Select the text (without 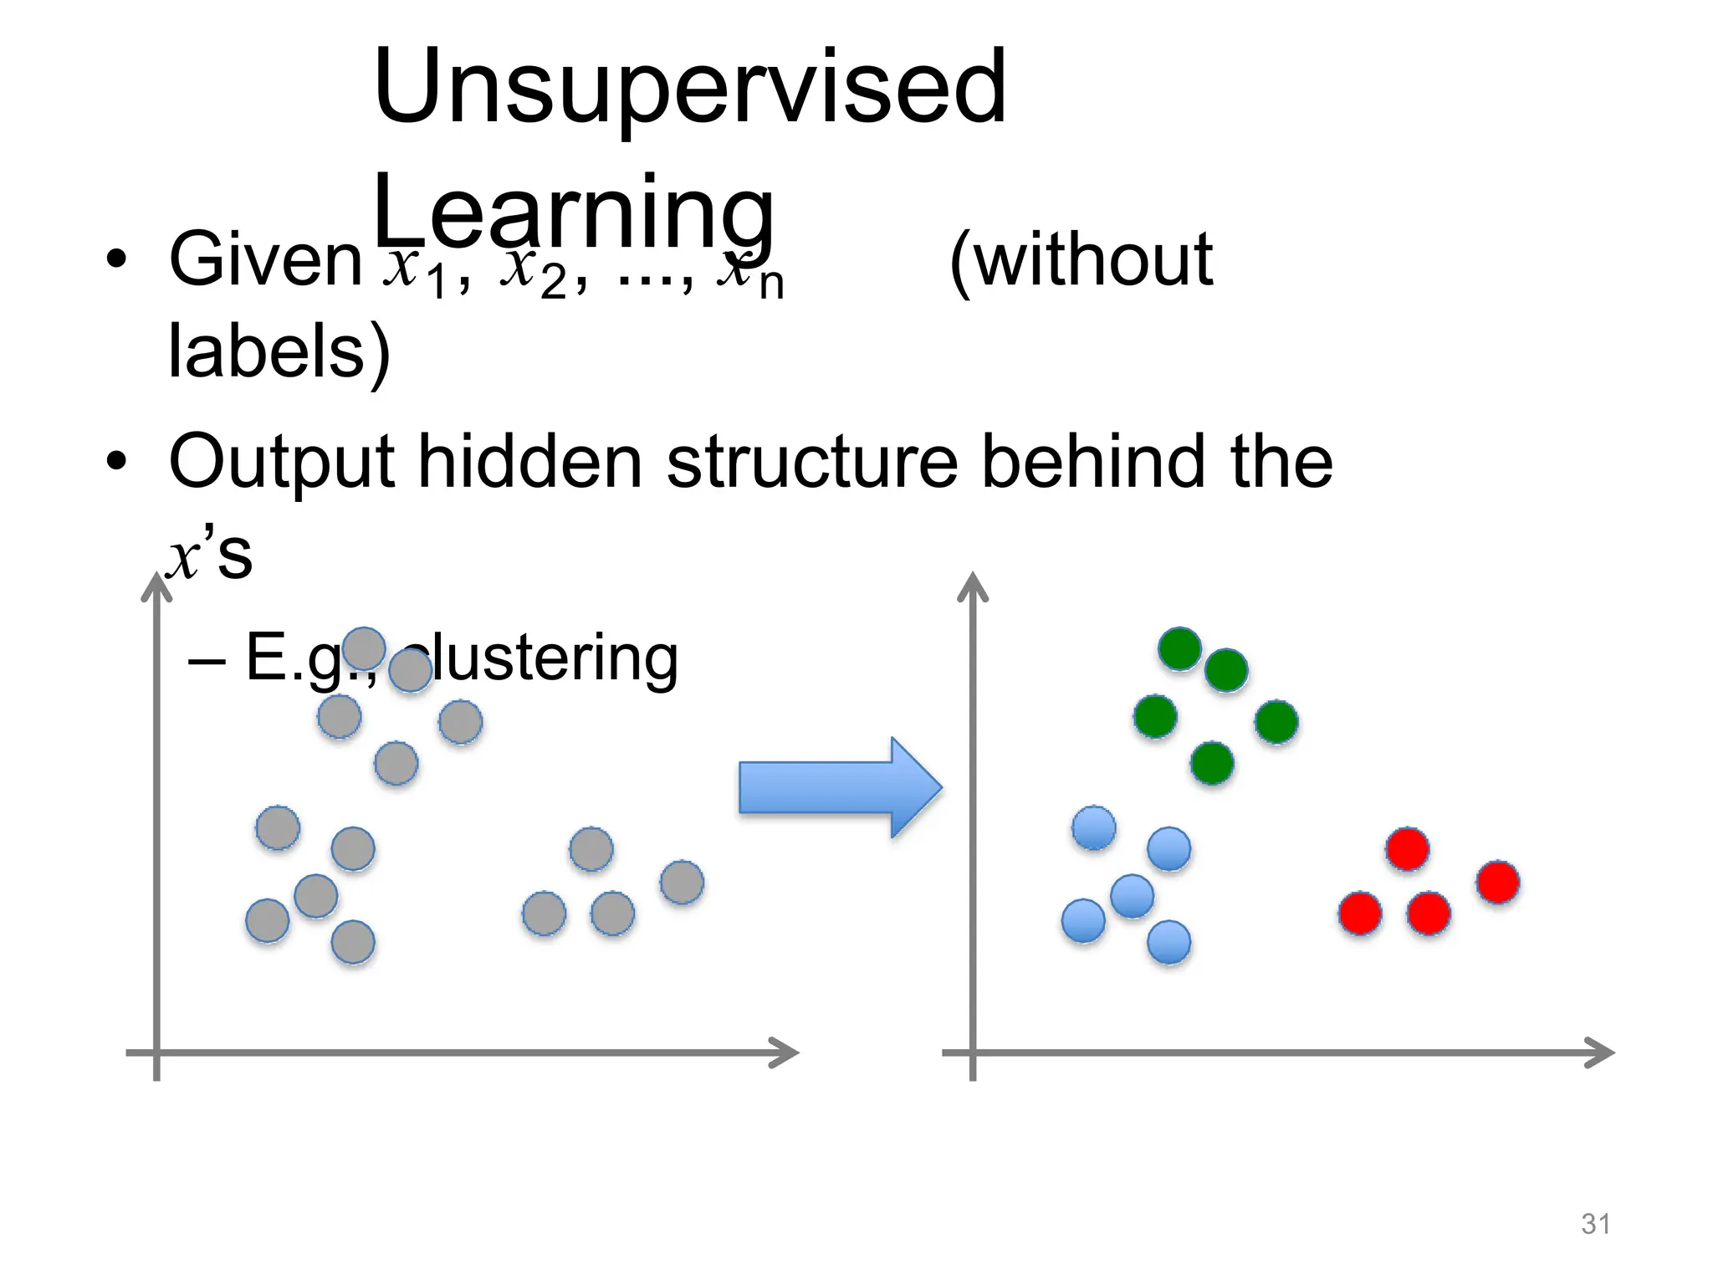click(x=1081, y=261)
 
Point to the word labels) click(x=279, y=351)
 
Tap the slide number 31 click(x=1595, y=1224)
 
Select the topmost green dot click(x=1179, y=648)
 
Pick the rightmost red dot click(x=1497, y=882)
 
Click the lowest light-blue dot click(x=1168, y=942)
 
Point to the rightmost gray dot click(x=682, y=882)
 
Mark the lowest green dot click(x=1212, y=763)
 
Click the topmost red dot click(x=1407, y=849)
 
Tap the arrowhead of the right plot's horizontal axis click(x=1601, y=1052)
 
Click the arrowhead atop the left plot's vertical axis click(x=156, y=586)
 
